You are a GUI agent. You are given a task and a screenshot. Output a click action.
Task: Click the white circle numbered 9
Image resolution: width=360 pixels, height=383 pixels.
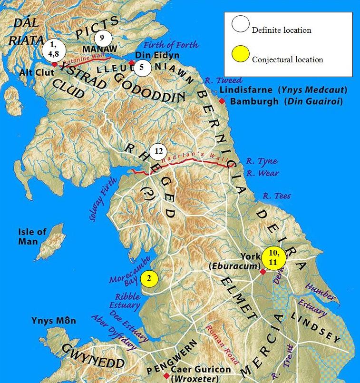click(102, 38)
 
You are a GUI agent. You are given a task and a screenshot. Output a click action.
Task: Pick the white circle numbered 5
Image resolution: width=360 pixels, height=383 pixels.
click(142, 68)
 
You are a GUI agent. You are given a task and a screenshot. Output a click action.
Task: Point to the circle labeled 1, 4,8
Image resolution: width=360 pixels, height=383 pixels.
click(53, 50)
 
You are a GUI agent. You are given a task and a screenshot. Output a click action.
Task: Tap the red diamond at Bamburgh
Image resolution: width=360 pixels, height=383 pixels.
click(222, 101)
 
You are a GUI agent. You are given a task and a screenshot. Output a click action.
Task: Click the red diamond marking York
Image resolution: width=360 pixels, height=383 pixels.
click(262, 272)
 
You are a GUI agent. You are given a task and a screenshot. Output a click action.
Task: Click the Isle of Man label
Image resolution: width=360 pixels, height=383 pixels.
click(32, 236)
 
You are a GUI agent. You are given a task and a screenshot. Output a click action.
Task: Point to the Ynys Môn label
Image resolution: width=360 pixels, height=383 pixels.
click(53, 321)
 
